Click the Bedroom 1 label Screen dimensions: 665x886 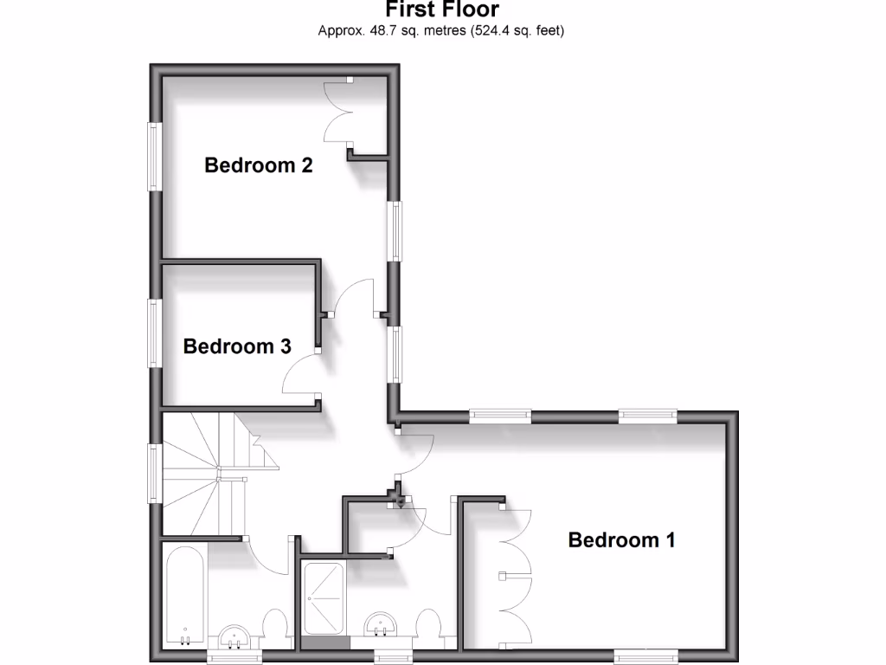(x=621, y=540)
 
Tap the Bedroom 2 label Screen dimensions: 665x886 (x=258, y=165)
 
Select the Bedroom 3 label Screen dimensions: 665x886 (x=236, y=346)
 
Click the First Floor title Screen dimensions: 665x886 (x=442, y=10)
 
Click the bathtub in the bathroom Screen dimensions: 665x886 (x=184, y=597)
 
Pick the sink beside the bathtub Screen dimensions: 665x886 (x=234, y=636)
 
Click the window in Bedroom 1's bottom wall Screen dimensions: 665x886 (x=644, y=656)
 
